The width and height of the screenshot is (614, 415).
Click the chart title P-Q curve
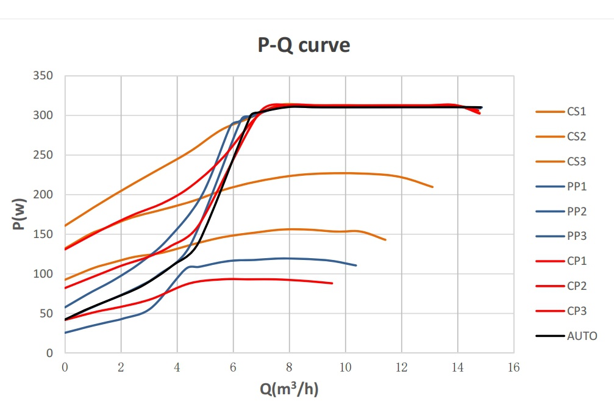coord(302,45)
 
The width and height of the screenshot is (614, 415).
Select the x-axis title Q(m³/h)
coord(289,388)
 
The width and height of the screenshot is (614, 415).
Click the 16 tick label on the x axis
coord(513,367)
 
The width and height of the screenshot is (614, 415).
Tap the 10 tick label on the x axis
coord(345,367)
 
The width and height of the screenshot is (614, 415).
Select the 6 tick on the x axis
coord(233,367)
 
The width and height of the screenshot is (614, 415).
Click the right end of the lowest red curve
coord(332,283)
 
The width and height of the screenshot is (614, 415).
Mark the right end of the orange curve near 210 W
coord(432,187)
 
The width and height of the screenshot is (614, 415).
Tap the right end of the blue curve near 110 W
coord(355,265)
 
